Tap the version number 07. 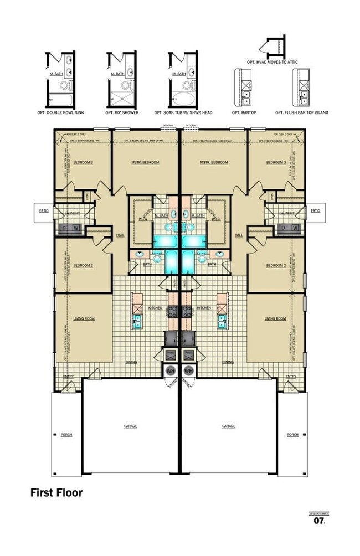[319, 521]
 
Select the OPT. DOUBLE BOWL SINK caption [65, 112]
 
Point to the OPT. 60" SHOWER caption [122, 112]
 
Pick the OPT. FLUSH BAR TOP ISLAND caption [302, 112]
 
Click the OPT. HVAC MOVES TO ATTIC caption [274, 62]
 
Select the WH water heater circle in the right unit [189, 370]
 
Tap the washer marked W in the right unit [295, 228]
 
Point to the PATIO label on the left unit [44, 210]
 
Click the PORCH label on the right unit [293, 435]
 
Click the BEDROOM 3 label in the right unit [275, 162]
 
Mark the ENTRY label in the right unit [290, 377]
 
